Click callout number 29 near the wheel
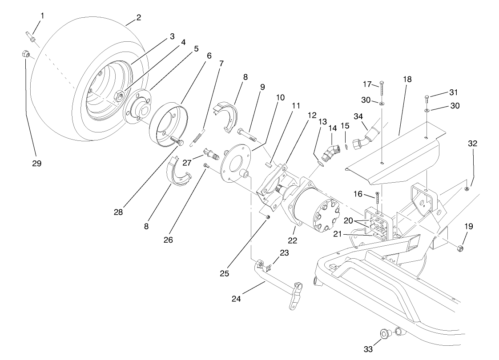(36, 164)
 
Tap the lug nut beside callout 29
(25, 55)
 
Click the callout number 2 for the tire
(138, 18)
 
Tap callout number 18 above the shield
(408, 79)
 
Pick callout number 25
(225, 273)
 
